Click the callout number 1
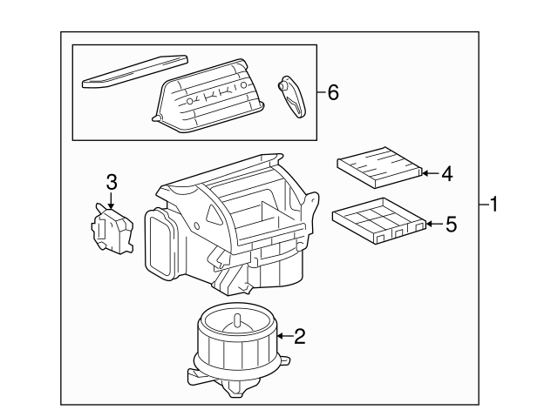click(x=493, y=205)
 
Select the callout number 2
click(x=300, y=336)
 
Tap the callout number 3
click(x=112, y=182)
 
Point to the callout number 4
click(x=447, y=174)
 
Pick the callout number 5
click(x=452, y=225)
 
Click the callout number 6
click(x=333, y=93)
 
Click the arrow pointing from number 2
click(x=285, y=336)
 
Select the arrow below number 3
click(x=112, y=200)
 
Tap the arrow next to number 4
click(x=431, y=173)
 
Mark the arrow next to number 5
click(x=435, y=224)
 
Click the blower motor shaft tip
click(x=236, y=316)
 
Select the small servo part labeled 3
click(x=112, y=228)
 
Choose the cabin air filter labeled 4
click(x=380, y=166)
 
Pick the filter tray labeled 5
click(x=379, y=221)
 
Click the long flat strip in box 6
click(x=134, y=71)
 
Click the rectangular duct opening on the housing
click(x=161, y=245)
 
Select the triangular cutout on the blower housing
click(x=213, y=214)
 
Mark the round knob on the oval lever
click(x=282, y=85)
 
